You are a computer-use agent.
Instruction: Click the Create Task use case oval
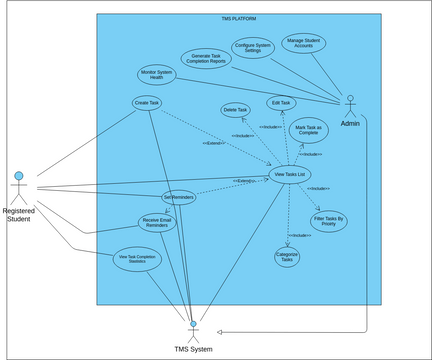pyautogui.click(x=147, y=102)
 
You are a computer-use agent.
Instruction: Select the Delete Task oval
pyautogui.click(x=236, y=109)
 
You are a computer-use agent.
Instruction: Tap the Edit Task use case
pyautogui.click(x=281, y=103)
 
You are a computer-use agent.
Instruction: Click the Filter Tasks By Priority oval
pyautogui.click(x=329, y=221)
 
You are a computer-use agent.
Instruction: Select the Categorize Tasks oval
pyautogui.click(x=287, y=256)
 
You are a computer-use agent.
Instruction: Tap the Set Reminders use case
pyautogui.click(x=178, y=198)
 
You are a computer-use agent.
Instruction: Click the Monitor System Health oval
pyautogui.click(x=156, y=75)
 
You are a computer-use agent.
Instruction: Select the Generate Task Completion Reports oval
pyautogui.click(x=206, y=58)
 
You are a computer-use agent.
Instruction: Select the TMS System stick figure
pyautogui.click(x=192, y=331)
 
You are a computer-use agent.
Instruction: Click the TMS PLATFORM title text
pyautogui.click(x=238, y=18)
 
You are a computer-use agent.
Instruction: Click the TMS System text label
pyautogui.click(x=193, y=349)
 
